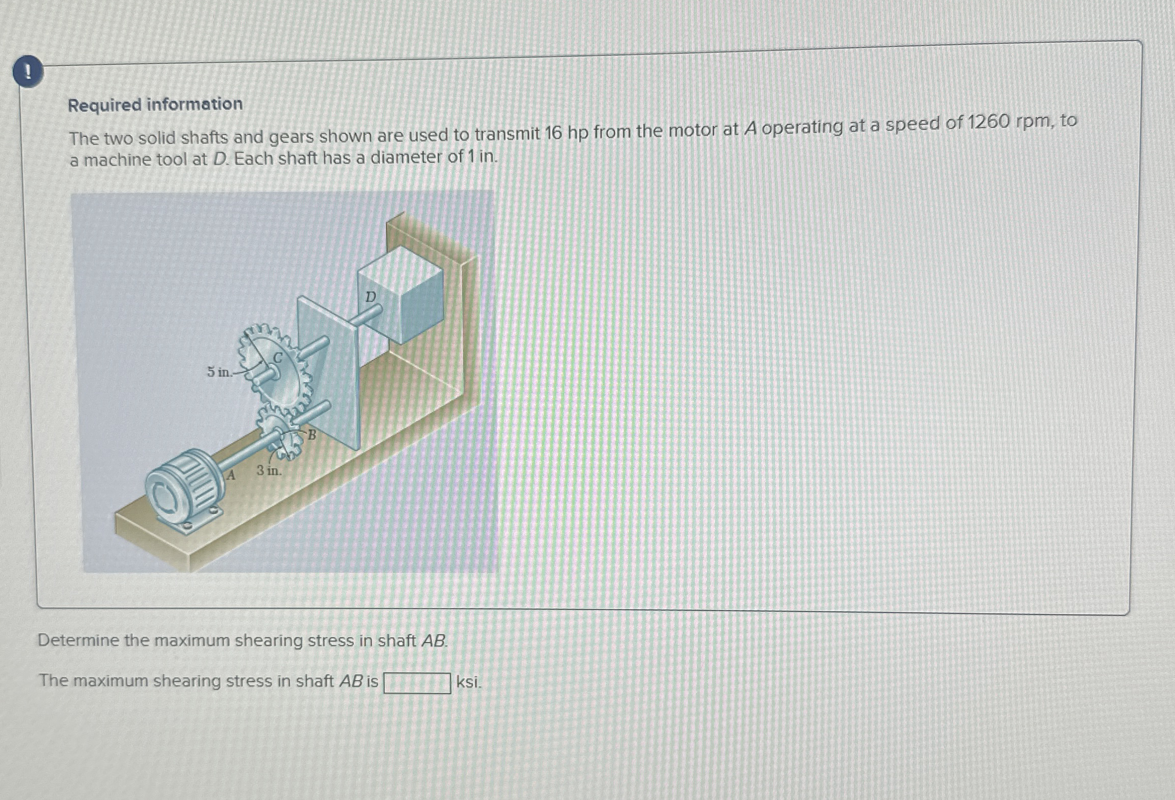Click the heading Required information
(x=155, y=105)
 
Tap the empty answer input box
(x=417, y=682)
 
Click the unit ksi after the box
(x=468, y=682)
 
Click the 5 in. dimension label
(x=219, y=372)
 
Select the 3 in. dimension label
(x=268, y=471)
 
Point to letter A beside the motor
(x=231, y=475)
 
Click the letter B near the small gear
(x=311, y=435)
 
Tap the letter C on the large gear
(x=278, y=358)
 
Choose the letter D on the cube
(x=371, y=297)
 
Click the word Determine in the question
(x=79, y=641)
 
